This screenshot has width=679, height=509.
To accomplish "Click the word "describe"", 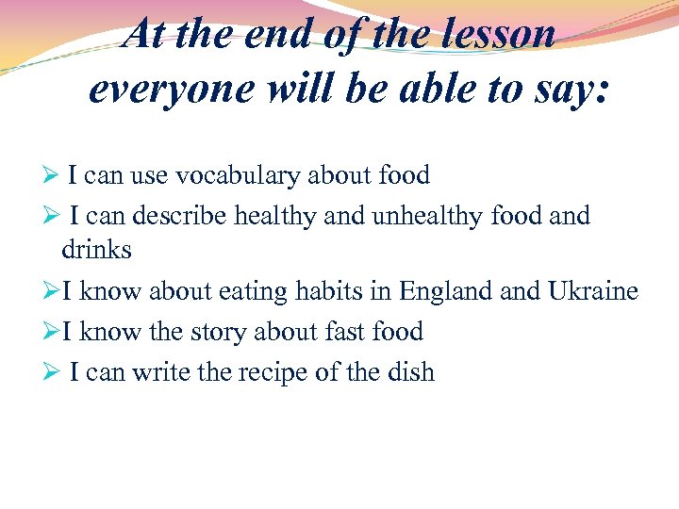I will coord(180,216).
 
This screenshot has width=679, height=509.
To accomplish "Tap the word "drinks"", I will coord(96,250).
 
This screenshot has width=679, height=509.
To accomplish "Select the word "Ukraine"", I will coord(592,291).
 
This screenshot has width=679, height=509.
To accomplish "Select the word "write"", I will coord(160,372).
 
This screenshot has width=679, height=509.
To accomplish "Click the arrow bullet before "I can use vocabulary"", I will coord(55,176).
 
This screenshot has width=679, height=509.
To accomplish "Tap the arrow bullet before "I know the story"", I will coord(55,332).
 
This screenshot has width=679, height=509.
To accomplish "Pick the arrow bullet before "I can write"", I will coord(55,372).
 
